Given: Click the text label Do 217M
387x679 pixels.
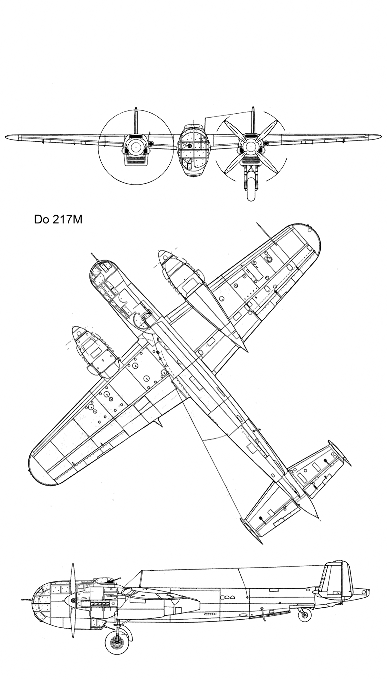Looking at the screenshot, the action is [x=58, y=220].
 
